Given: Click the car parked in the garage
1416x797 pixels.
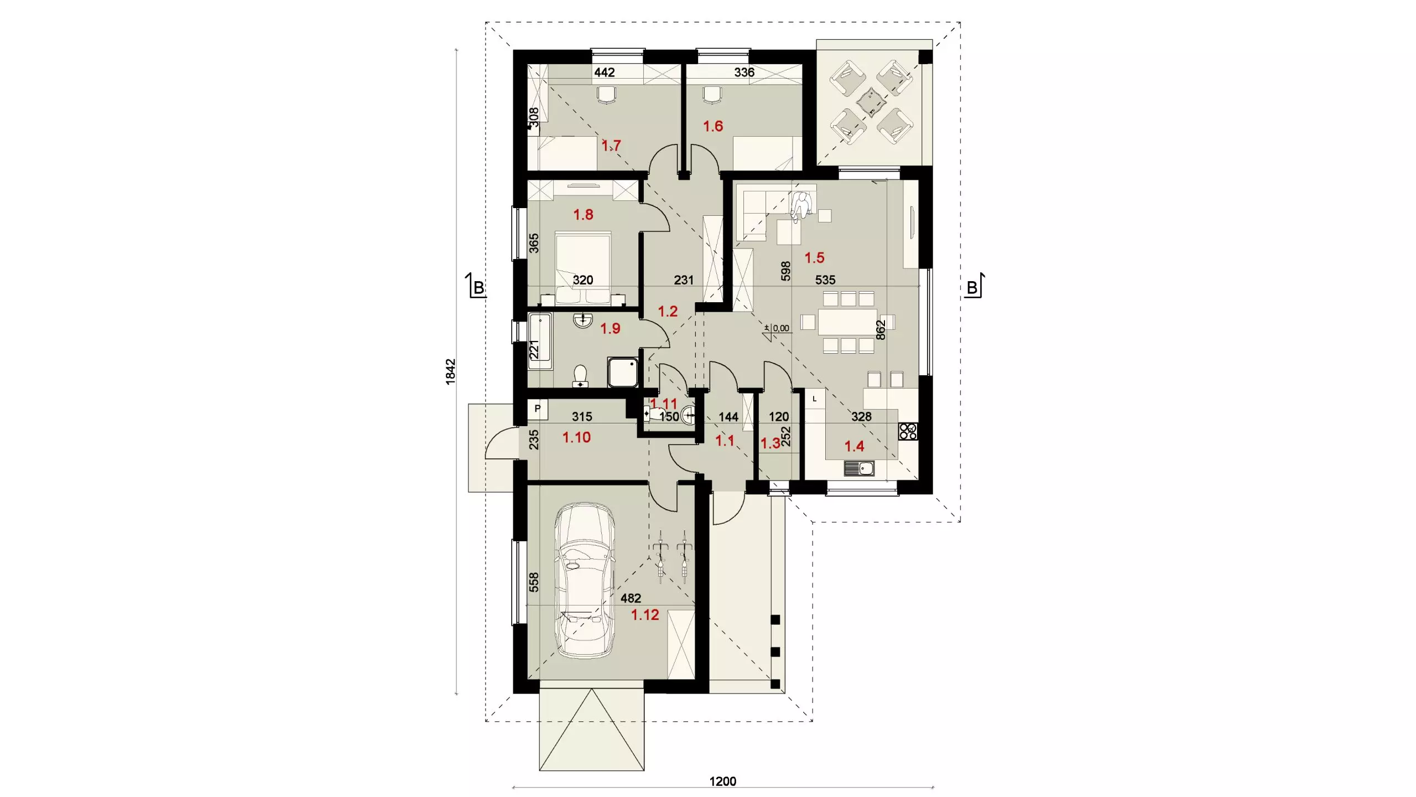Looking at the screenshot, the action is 585,580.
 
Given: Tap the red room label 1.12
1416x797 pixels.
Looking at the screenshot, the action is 645,614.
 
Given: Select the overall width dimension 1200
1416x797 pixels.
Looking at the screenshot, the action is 723,781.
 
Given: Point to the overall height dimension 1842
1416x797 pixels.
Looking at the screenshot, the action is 451,371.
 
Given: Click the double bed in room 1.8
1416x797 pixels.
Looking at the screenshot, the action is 583,267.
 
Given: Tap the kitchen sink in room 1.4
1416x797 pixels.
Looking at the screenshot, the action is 859,468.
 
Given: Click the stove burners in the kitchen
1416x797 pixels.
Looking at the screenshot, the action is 908,431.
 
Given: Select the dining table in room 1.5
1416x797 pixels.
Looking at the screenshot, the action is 847,322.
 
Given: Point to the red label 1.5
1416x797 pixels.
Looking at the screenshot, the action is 814,257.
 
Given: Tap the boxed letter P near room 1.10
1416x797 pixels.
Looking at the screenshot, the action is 537,409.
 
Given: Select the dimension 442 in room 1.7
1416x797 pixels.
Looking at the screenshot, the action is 605,72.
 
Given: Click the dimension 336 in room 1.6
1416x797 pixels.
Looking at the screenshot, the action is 744,72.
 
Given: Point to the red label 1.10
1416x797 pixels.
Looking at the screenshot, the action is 576,437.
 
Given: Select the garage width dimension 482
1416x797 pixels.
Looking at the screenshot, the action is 631,598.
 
